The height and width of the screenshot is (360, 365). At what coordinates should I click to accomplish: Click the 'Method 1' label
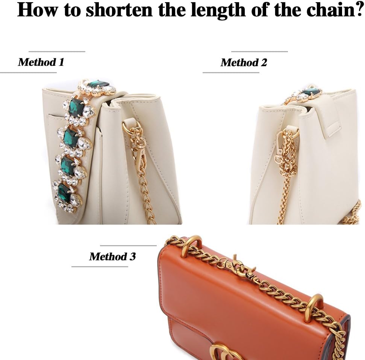coord(41,62)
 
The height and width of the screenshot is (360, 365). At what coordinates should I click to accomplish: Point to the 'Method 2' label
coord(244,62)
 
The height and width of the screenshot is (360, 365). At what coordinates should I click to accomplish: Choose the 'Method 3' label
coord(112,256)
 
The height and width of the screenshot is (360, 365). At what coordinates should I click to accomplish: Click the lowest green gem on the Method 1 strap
coord(65,193)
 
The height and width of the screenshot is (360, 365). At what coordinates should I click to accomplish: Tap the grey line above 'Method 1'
coord(57,51)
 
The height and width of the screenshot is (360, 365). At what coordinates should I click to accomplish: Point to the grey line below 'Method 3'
coord(100,267)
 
